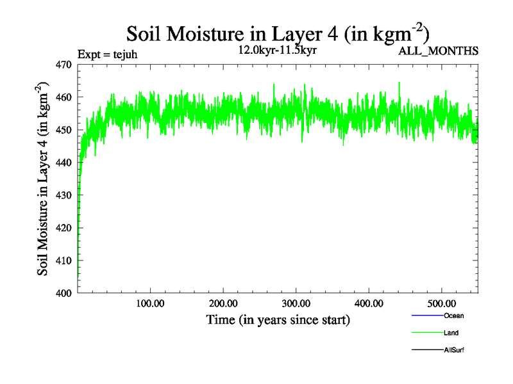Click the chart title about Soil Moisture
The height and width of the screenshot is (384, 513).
[277, 33]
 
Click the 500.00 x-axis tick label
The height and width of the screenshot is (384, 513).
[442, 303]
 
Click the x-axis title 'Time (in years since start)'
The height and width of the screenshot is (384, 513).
[278, 319]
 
